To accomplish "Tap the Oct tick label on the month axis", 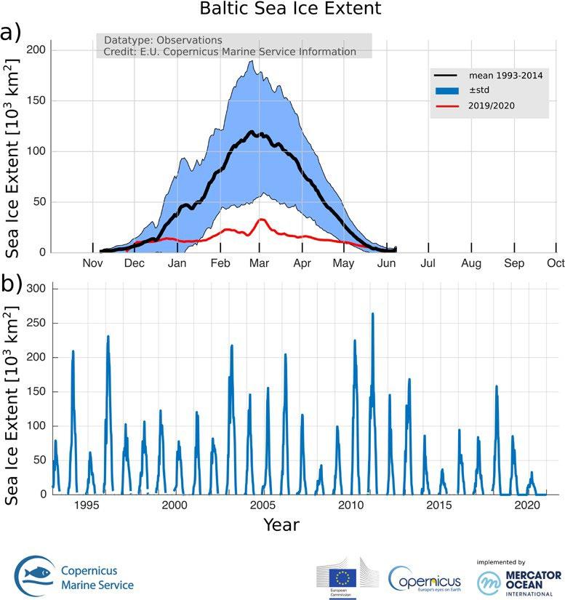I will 556,263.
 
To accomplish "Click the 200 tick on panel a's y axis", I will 36,49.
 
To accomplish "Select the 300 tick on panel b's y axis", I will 36,289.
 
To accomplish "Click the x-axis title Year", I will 281,524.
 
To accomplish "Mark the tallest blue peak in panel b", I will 372,314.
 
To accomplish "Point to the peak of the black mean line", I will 252,132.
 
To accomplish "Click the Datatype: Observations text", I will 163,40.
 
